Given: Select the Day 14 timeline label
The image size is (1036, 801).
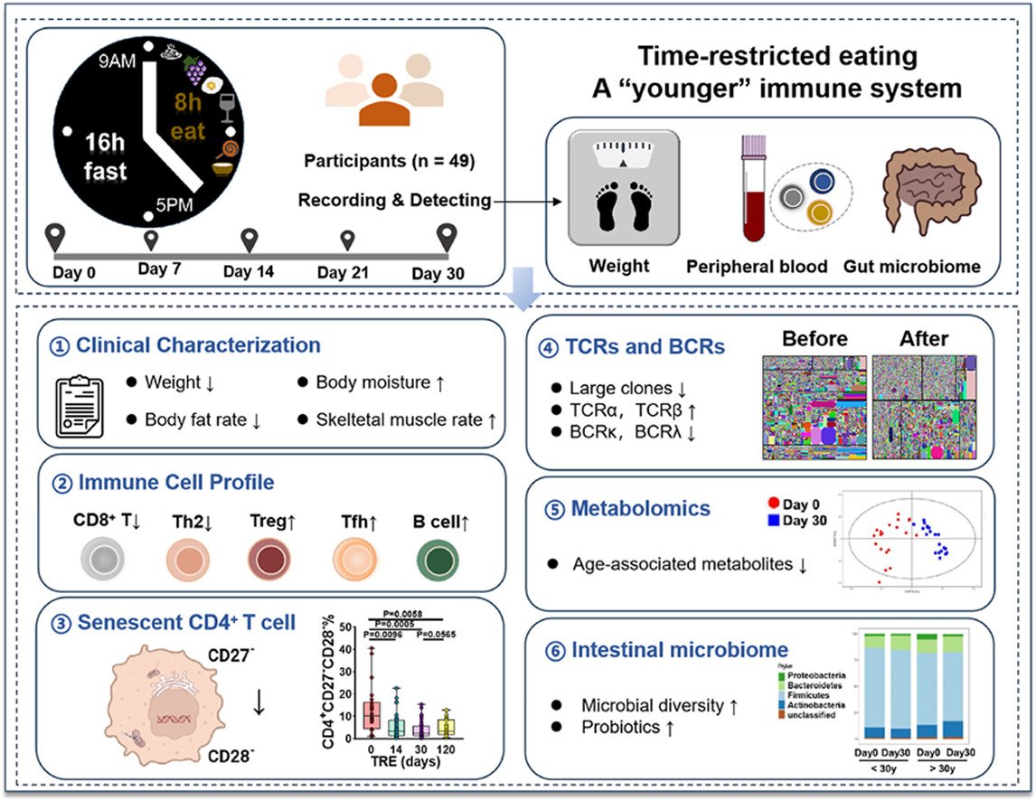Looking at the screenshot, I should pyautogui.click(x=250, y=272).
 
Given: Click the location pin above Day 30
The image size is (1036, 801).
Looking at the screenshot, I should pyautogui.click(x=446, y=239).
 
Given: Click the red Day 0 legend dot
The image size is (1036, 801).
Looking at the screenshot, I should pyautogui.click(x=773, y=503).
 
